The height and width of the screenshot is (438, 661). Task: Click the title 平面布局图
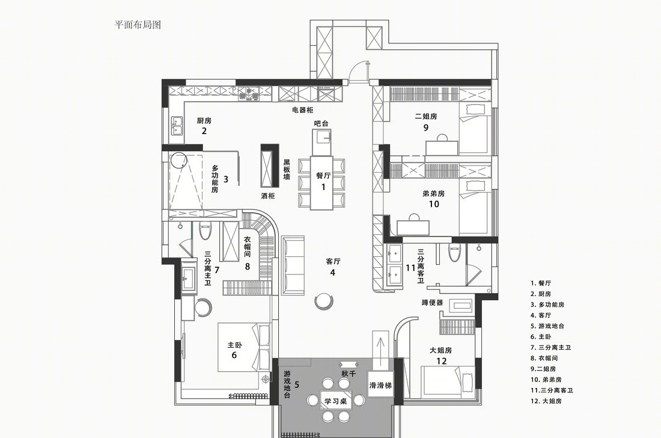(x=138, y=25)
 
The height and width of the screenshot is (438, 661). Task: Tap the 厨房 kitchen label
(x=204, y=121)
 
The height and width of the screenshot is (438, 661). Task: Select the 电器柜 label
(x=303, y=110)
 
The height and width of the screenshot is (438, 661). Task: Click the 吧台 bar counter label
(x=321, y=123)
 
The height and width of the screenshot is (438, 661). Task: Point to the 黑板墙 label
(x=287, y=169)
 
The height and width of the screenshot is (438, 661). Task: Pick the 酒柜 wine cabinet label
(x=267, y=196)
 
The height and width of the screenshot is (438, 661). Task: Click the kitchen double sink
(x=177, y=125)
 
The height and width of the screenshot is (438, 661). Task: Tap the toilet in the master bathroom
(x=205, y=230)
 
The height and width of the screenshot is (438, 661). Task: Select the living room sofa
(x=293, y=265)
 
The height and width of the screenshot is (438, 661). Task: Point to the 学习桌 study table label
(x=335, y=401)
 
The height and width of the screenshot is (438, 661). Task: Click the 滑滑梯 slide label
(x=380, y=385)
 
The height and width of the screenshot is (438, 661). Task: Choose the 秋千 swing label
(x=349, y=374)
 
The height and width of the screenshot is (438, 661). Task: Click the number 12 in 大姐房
(x=442, y=361)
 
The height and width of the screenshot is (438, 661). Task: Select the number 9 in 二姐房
(x=426, y=127)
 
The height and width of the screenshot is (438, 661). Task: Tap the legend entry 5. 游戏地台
(x=547, y=325)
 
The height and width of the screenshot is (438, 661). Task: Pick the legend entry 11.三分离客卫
(x=552, y=390)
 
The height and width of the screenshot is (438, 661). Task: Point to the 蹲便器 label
(x=432, y=303)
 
